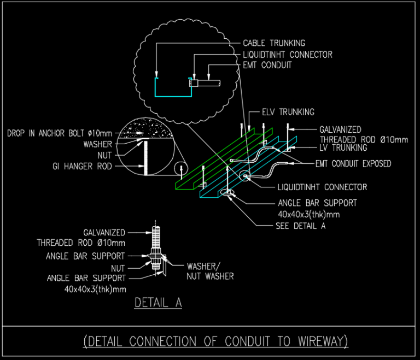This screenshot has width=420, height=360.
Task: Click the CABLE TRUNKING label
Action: pyautogui.click(x=273, y=43)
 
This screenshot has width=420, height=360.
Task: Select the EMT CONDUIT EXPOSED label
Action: pyautogui.click(x=353, y=163)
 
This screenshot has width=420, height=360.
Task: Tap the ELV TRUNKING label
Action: pyautogui.click(x=288, y=113)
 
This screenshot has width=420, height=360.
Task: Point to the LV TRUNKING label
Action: pyautogui.click(x=343, y=147)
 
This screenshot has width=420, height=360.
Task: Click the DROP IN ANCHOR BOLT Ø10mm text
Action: pyautogui.click(x=60, y=133)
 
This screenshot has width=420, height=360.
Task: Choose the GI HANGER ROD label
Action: pyautogui.click(x=83, y=167)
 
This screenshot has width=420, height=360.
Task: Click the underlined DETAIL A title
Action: pyautogui.click(x=158, y=302)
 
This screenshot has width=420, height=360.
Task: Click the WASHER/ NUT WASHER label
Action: pyautogui.click(x=211, y=272)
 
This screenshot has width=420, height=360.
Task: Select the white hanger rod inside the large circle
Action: pyautogui.click(x=145, y=158)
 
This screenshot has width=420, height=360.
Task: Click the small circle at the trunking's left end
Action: pyautogui.click(x=179, y=169)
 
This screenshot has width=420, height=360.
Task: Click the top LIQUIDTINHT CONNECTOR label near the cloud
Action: pyautogui.click(x=288, y=55)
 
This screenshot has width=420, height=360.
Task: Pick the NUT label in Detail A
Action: pyautogui.click(x=118, y=268)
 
